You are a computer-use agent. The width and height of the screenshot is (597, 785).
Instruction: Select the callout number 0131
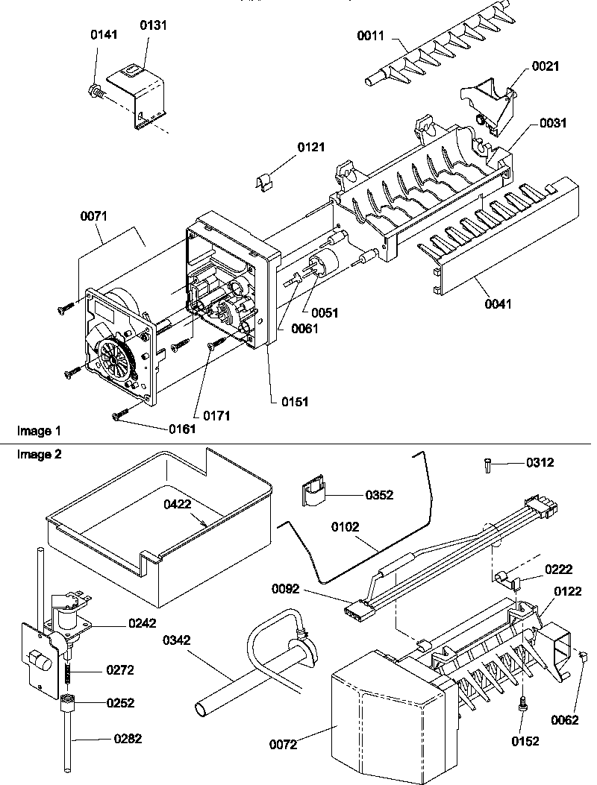point(154,25)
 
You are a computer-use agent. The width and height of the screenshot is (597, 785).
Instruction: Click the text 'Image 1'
point(38,431)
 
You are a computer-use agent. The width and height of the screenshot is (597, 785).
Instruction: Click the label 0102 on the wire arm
point(346,527)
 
